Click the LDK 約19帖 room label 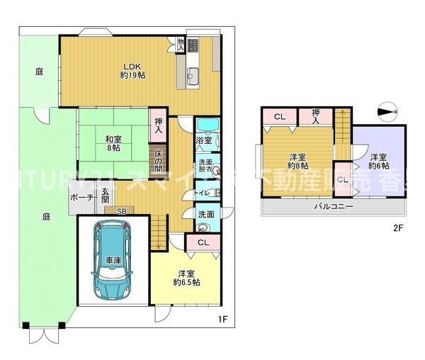click(x=132, y=71)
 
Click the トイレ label click(x=202, y=192)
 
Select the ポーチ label click(x=79, y=198)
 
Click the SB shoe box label click(x=121, y=210)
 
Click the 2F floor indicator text click(x=398, y=228)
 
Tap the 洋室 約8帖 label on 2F click(x=297, y=161)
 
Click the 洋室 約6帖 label click(x=378, y=161)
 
